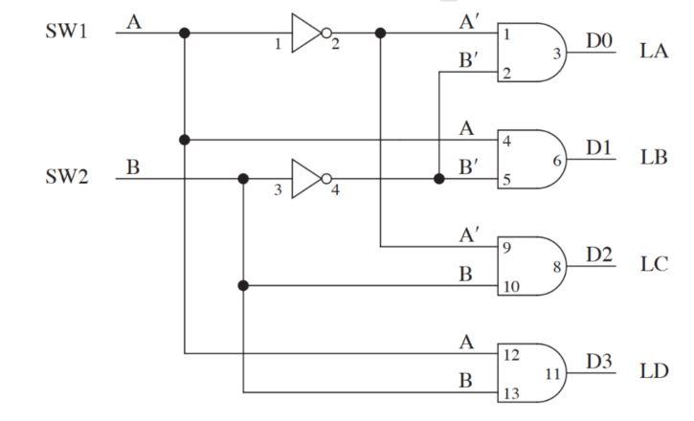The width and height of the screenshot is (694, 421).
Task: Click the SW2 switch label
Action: (x=66, y=177)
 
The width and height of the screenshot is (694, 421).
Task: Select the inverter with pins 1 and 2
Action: (x=308, y=33)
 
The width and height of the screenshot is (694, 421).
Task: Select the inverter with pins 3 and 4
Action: (x=308, y=179)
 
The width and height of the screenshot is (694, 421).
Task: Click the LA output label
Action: (x=654, y=52)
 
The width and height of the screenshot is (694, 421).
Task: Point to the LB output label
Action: (x=654, y=158)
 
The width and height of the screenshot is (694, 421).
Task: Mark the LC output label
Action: (x=654, y=265)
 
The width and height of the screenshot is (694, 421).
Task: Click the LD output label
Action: (x=654, y=371)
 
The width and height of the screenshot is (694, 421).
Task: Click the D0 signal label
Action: (x=598, y=40)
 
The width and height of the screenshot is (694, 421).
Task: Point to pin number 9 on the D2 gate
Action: (x=507, y=248)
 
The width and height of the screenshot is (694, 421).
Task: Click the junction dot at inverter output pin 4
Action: (x=439, y=179)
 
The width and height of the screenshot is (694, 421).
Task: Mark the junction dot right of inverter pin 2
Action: (x=381, y=33)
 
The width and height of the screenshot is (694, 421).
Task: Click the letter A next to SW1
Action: (x=134, y=20)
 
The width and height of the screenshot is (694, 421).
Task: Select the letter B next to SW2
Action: (x=133, y=166)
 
